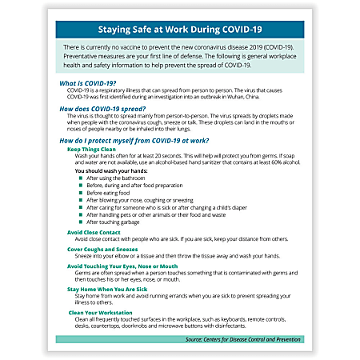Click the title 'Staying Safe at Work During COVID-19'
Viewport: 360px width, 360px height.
point(179,33)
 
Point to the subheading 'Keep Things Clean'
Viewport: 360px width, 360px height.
point(94,150)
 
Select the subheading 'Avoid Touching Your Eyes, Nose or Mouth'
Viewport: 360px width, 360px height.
point(122,266)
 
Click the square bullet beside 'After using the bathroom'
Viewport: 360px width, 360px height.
point(81,179)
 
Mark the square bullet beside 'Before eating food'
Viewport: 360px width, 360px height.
point(81,194)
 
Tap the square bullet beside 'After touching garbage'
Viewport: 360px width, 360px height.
point(81,222)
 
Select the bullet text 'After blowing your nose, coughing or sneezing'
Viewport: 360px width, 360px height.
point(141,201)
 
